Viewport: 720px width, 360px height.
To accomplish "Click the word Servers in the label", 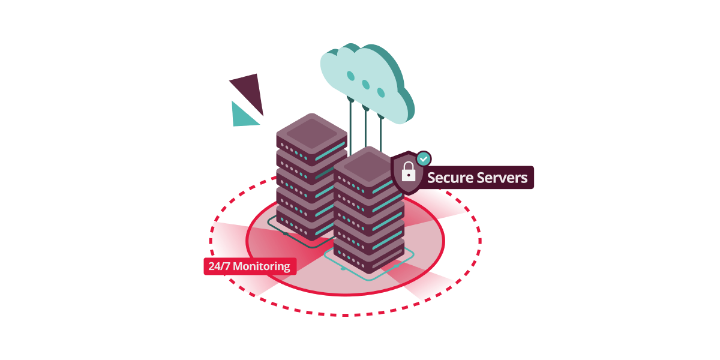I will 500,178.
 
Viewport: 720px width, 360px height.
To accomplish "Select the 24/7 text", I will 218,266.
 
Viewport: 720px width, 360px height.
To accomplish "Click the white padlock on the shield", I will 409,172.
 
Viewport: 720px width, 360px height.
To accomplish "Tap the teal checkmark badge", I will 424,158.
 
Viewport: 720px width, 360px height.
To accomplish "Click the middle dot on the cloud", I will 365,85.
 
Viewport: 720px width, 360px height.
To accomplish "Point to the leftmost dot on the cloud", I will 350,76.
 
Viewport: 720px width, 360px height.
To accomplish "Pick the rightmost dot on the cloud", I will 380,92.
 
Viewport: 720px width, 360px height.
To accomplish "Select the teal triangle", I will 241,116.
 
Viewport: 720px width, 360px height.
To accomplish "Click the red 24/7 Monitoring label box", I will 250,266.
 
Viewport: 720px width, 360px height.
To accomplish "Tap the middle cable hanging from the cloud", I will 365,129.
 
